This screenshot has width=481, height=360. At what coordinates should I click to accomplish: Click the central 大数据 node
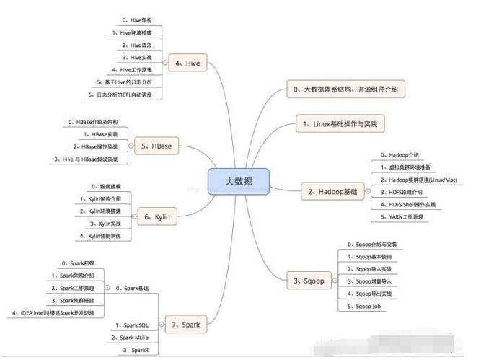pos(239,181)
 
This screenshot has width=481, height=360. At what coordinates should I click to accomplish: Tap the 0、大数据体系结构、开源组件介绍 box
pos(345,89)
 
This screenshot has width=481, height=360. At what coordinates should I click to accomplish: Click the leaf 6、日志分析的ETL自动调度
pos(125,95)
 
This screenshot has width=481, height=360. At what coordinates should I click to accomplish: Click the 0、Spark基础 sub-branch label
pos(133,288)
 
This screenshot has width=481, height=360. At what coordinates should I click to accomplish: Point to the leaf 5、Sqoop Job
pos(367,306)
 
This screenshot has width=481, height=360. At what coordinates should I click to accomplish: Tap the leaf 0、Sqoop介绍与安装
pos(372,245)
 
